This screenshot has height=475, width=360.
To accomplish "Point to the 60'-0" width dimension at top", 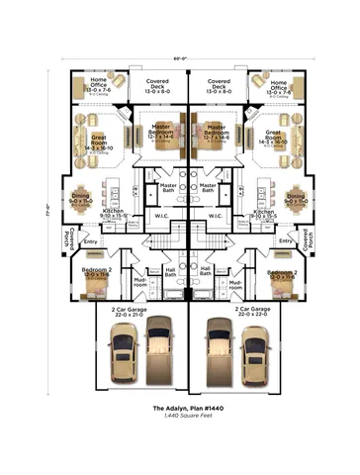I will pos(180,58).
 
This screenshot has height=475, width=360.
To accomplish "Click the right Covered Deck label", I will pos(218,84).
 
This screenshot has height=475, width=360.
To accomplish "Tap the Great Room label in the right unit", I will pos(276,142).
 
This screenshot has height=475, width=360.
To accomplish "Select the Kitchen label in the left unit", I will pos(114,213).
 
